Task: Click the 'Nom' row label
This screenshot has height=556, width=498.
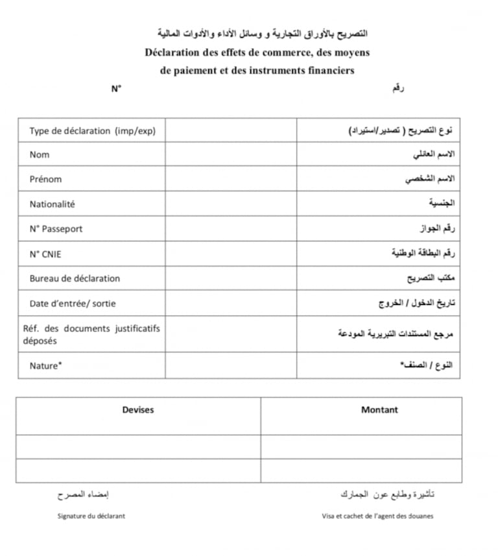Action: (40, 154)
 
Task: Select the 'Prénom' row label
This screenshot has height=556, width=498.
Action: (45, 179)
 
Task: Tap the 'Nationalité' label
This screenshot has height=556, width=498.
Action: (52, 204)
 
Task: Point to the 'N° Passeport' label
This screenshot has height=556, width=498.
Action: (56, 228)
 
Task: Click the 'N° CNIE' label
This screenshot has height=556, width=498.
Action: (45, 254)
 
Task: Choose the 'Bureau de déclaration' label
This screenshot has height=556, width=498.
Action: (75, 278)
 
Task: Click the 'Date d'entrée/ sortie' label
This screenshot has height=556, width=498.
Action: (73, 303)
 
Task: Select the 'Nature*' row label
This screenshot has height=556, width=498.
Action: (45, 366)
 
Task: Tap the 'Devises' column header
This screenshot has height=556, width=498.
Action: (138, 409)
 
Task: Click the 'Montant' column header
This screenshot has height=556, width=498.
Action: (379, 409)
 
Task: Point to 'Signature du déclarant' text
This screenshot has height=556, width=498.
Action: (91, 516)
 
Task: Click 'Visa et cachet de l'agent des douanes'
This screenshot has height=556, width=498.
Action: (377, 516)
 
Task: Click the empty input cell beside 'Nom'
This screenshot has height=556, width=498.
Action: (230, 154)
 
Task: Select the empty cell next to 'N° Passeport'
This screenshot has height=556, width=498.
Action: (230, 228)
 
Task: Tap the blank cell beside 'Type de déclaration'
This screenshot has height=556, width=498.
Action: (230, 130)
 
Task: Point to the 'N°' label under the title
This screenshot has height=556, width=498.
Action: (116, 89)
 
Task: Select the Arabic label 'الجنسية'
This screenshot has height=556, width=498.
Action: (442, 204)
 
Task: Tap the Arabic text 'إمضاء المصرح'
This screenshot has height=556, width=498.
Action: (83, 494)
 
